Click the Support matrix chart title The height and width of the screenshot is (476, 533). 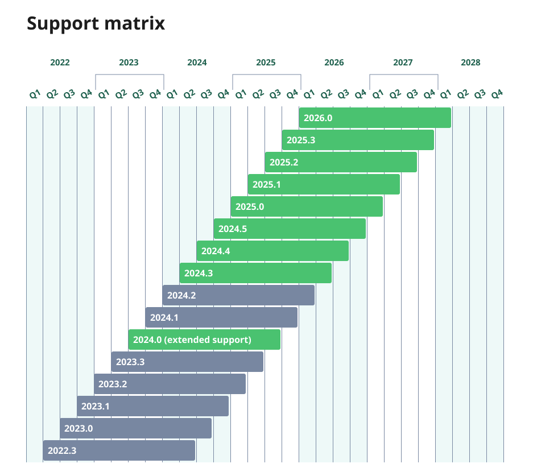click(96, 23)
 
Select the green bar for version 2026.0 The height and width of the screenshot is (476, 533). click(374, 118)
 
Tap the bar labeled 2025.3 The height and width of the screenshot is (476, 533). click(357, 140)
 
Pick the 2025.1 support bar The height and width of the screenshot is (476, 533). click(323, 184)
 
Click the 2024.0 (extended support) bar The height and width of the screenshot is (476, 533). click(204, 340)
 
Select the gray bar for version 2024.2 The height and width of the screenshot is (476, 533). click(238, 295)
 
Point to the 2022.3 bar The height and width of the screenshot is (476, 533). click(118, 450)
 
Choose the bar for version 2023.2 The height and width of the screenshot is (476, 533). click(170, 384)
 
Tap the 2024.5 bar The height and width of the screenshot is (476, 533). click(289, 229)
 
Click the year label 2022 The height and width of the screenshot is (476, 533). click(60, 63)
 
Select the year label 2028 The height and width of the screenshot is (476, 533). click(470, 63)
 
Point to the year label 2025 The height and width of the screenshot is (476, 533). click(266, 63)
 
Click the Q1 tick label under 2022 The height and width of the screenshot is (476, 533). click(35, 94)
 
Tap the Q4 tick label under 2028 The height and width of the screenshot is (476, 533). click(497, 94)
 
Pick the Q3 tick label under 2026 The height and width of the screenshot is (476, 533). click(343, 94)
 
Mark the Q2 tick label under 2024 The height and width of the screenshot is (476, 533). click(189, 94)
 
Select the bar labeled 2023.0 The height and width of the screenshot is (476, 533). click(135, 428)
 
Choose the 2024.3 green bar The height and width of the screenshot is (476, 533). click(255, 273)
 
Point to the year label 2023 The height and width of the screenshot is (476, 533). click(129, 63)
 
